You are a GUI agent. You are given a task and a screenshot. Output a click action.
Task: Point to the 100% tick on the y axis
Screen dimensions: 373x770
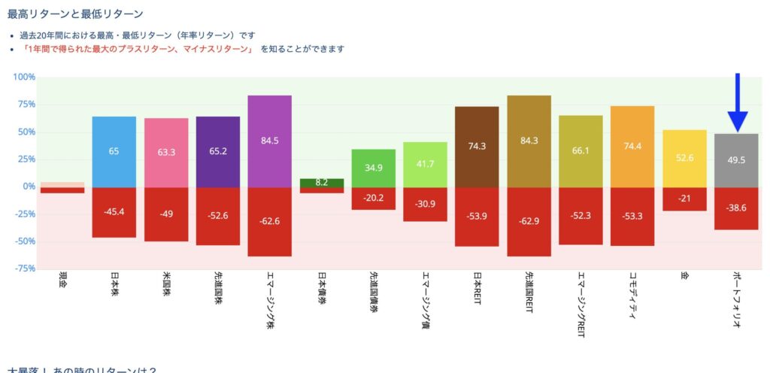pos(25,77)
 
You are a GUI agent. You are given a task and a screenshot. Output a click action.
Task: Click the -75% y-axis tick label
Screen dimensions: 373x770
pos(25,268)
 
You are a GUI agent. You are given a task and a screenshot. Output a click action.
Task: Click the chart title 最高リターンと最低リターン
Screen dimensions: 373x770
pos(75,14)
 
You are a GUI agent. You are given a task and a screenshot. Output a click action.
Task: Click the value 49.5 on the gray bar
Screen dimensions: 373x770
pos(737,161)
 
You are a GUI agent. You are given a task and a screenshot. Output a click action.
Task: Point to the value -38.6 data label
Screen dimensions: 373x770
pos(737,207)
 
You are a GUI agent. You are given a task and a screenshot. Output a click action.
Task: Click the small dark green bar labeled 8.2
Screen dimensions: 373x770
pos(322,183)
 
